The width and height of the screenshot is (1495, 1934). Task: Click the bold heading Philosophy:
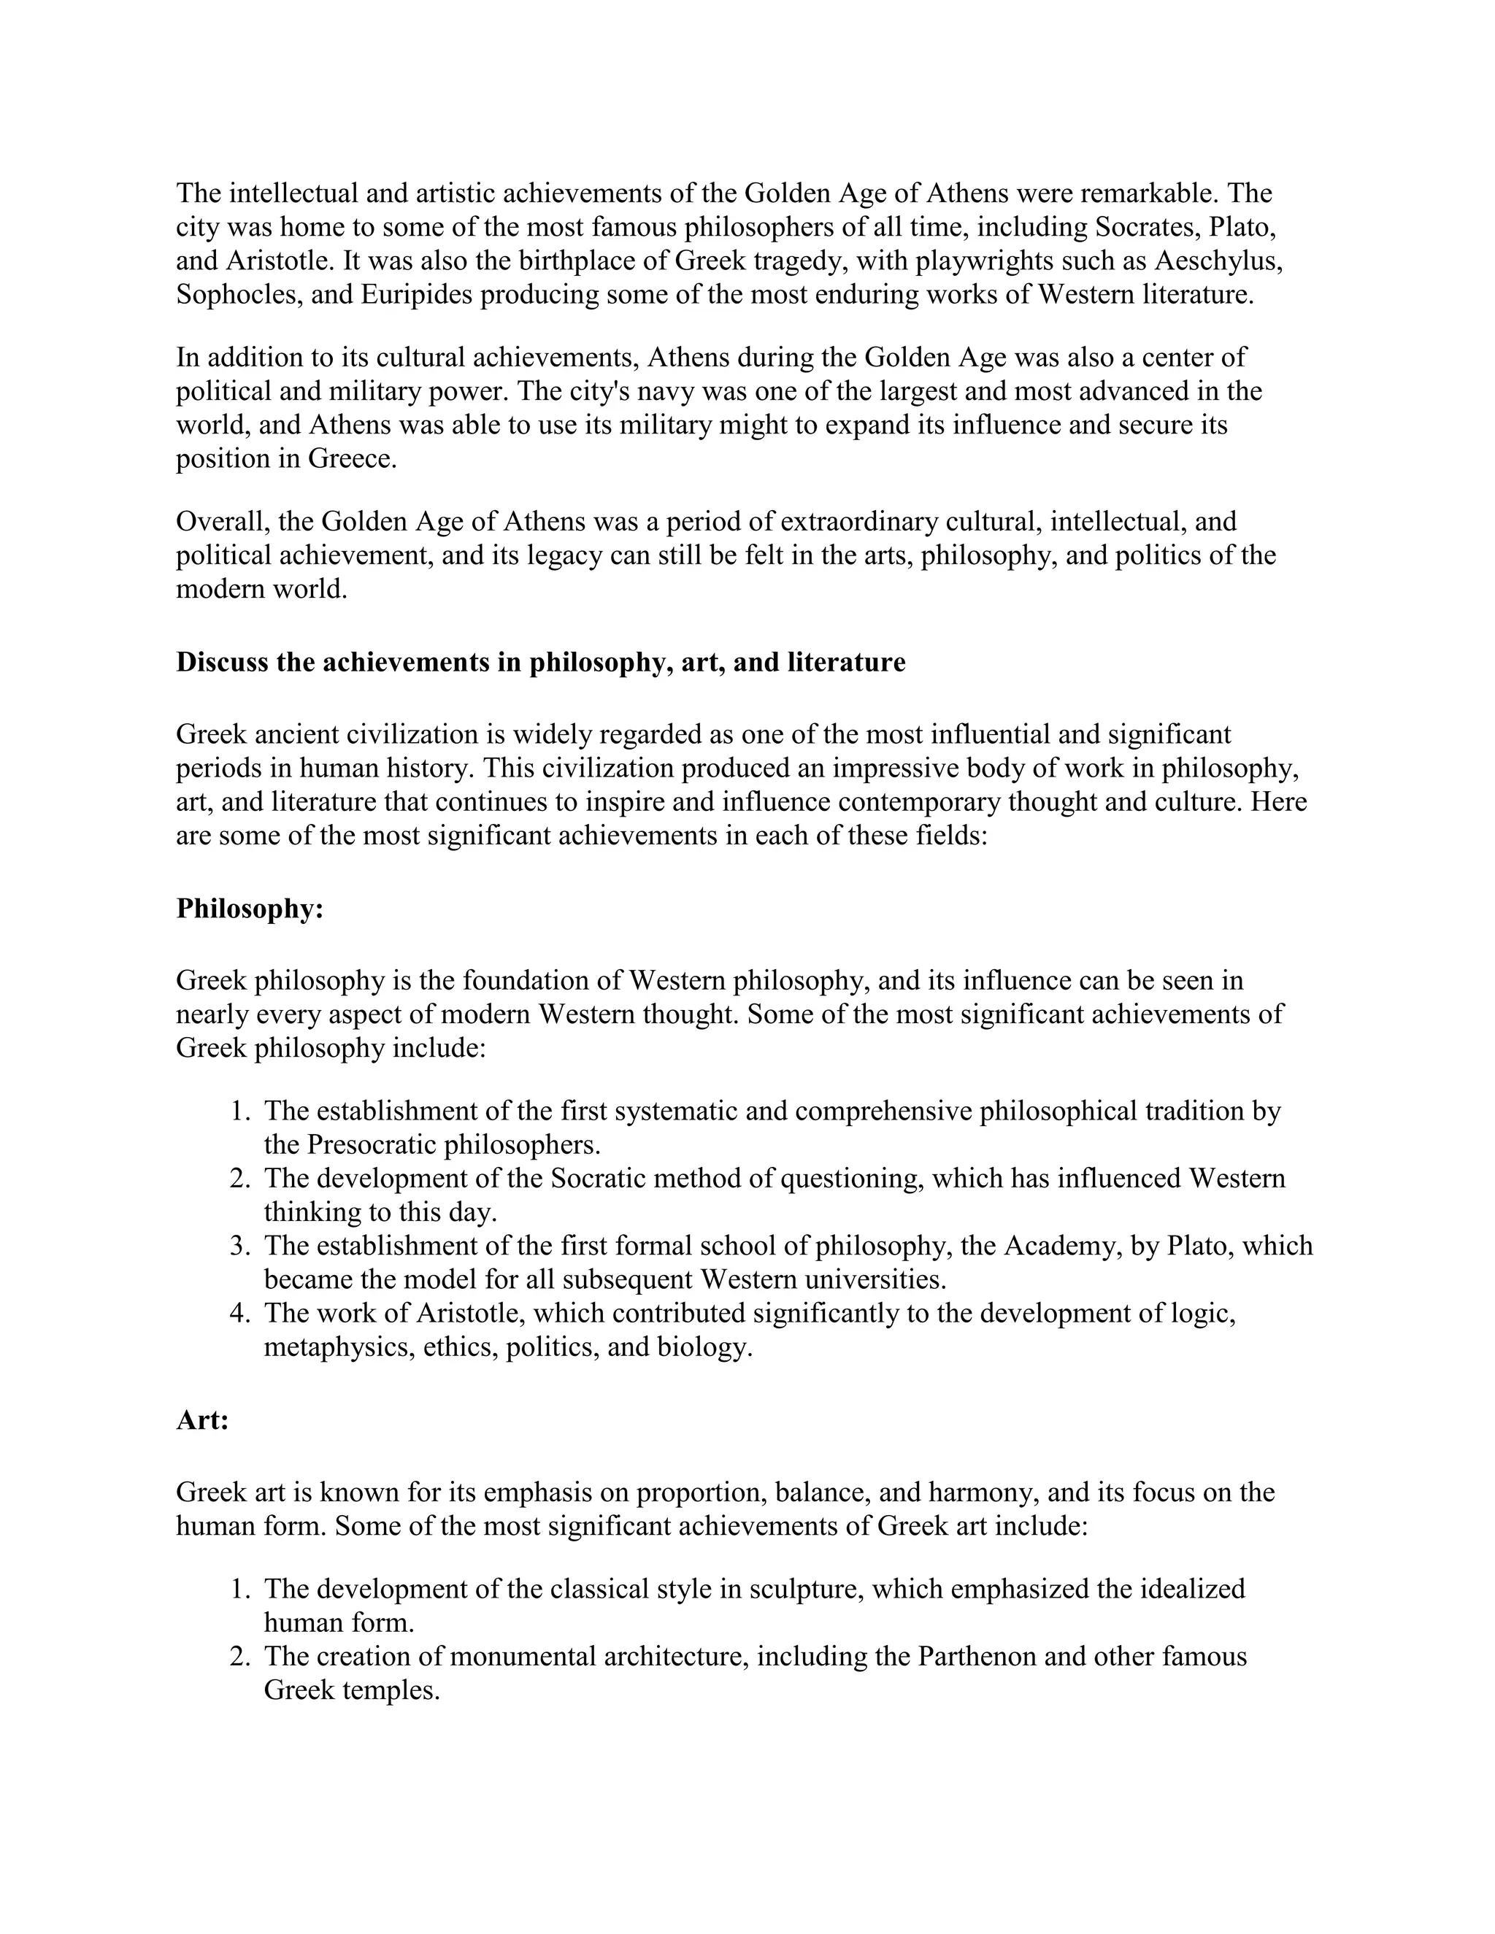pyautogui.click(x=250, y=909)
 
